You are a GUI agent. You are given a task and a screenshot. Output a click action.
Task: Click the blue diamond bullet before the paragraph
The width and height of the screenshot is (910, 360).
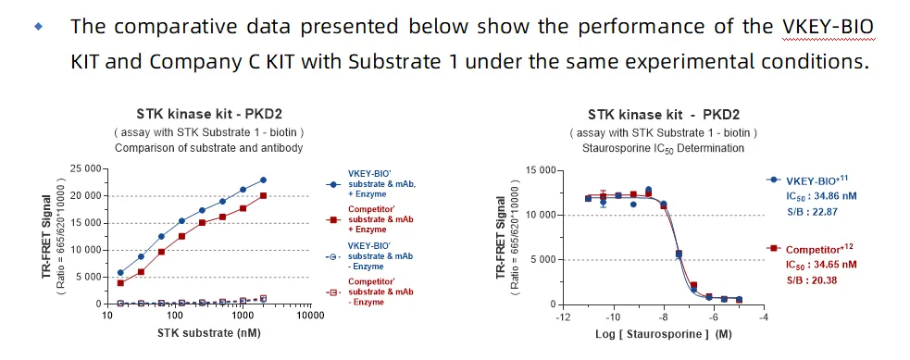[x=38, y=27]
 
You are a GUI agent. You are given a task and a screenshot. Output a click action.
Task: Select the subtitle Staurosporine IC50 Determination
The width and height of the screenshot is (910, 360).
[x=663, y=147]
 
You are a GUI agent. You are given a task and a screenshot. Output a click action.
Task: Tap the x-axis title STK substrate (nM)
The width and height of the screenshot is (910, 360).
[x=208, y=333]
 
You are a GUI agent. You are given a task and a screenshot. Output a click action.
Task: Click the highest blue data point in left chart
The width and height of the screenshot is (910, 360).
[x=263, y=180]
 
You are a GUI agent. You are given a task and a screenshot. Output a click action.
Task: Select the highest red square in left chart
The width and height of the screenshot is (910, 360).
[x=263, y=195]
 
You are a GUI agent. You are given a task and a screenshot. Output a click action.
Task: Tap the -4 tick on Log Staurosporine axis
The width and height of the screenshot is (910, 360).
[x=763, y=317]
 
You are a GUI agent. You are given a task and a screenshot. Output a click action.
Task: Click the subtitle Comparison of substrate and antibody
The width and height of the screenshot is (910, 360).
[x=208, y=147]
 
